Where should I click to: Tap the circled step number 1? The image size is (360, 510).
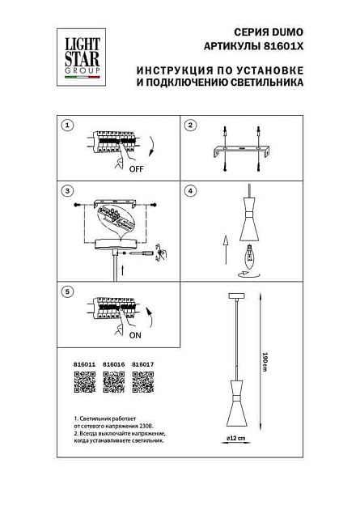(68, 125)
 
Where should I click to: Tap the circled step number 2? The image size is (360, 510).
(191, 125)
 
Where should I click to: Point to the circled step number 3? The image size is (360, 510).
(68, 191)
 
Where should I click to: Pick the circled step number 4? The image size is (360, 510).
(191, 191)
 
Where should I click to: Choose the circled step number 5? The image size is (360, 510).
(68, 290)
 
